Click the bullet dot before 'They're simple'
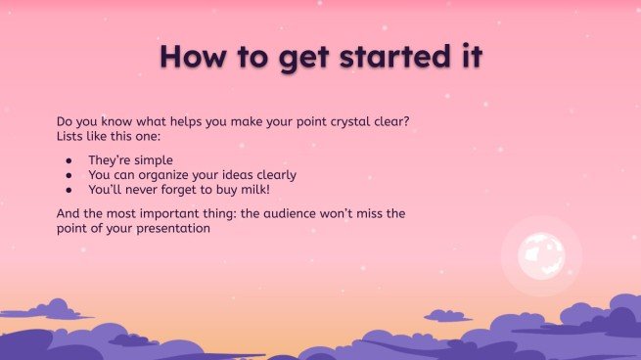tap(69, 159)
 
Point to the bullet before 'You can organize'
tap(69, 174)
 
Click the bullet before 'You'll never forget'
tap(69, 189)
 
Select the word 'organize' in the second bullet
tap(171, 174)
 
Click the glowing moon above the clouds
tap(541, 254)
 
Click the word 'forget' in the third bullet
tap(195, 189)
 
